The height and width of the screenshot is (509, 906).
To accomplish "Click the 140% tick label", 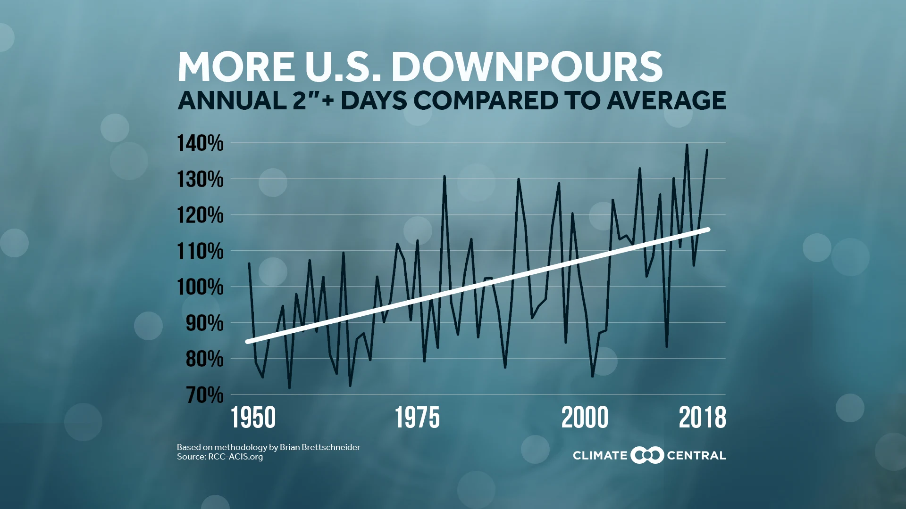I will [x=200, y=143].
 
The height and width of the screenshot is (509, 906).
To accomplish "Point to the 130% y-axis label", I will [x=200, y=180].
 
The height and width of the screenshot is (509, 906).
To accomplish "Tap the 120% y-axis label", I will [x=200, y=215].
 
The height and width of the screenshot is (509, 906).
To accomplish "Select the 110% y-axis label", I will [x=200, y=251].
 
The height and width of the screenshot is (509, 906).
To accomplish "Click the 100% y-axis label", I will [x=200, y=287].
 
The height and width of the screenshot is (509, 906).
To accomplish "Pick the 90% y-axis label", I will [x=204, y=323].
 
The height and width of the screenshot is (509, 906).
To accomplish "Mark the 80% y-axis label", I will [x=204, y=359].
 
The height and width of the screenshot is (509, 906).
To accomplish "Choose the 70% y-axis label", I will [x=204, y=395].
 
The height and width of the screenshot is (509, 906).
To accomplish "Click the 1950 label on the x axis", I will [x=253, y=418].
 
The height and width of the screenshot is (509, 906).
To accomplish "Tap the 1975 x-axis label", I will [x=417, y=418].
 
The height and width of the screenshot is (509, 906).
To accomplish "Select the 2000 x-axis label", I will [x=585, y=418].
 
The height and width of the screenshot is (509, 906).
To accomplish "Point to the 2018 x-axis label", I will [x=702, y=418].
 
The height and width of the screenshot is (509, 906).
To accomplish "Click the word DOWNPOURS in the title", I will [x=527, y=67].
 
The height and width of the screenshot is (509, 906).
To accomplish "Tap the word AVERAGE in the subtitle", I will [x=666, y=100].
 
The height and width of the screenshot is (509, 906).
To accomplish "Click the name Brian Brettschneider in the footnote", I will [x=319, y=447].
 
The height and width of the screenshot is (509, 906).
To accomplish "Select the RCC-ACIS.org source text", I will [x=235, y=457].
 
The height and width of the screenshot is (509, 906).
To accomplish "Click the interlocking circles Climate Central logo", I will [x=647, y=455].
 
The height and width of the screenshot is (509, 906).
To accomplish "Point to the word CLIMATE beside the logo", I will [x=600, y=456].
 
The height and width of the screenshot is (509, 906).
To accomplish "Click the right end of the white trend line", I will [x=708, y=230].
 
